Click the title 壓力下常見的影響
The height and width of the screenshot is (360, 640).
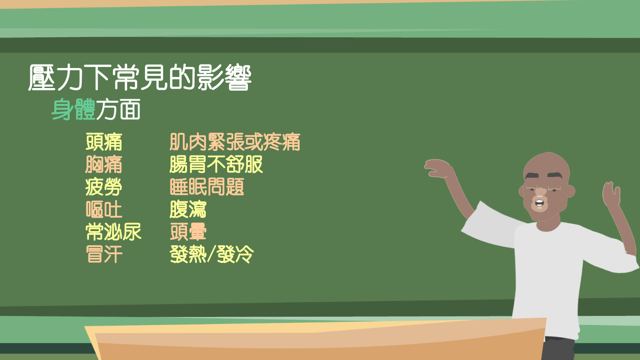140,78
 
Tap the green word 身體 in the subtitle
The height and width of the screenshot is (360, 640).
73,109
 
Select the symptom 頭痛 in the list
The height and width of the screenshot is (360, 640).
104,142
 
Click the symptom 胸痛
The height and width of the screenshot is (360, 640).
104,164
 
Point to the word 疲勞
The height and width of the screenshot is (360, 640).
104,187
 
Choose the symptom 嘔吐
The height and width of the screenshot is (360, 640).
104,209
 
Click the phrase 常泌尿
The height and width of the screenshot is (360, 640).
113,232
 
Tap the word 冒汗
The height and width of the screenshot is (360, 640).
104,254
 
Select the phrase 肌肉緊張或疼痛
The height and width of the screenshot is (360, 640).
235,142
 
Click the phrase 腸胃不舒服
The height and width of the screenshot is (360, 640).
216,164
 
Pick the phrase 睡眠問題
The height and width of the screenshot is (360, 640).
207,187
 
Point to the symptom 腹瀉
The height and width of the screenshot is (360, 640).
188,209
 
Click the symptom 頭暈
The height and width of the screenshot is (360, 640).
188,232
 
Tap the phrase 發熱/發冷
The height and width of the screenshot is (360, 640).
212,254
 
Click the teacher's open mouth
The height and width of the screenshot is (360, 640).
539,203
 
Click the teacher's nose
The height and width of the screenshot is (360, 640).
540,192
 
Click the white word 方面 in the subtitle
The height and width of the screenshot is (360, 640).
118,109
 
